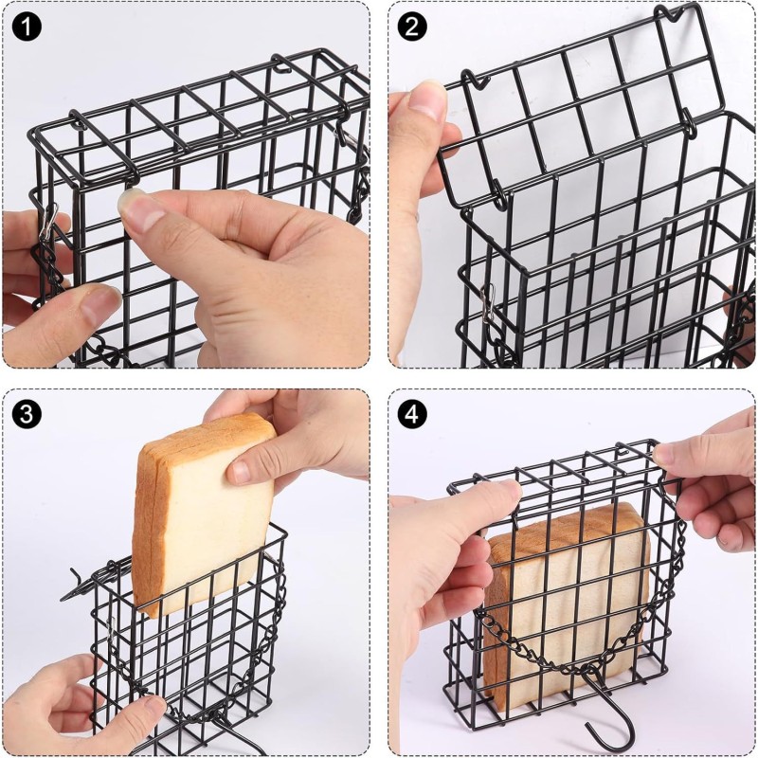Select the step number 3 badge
(27, 413)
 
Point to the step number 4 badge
(411, 413)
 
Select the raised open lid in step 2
(568, 104)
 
